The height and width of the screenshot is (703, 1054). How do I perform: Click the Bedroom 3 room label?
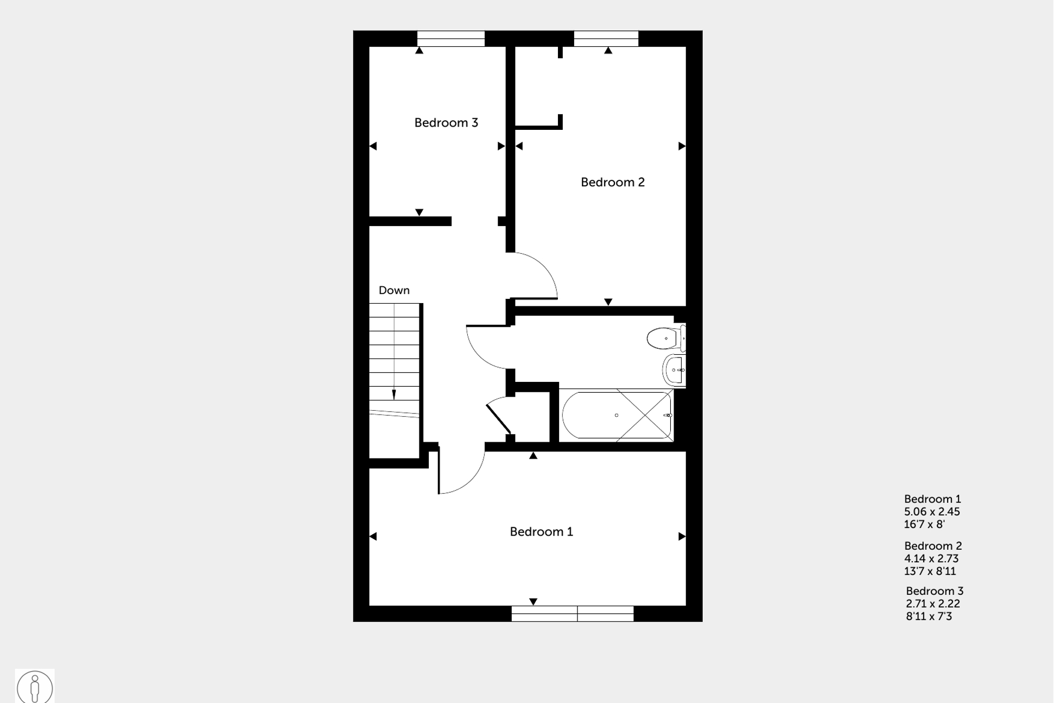pos(446,123)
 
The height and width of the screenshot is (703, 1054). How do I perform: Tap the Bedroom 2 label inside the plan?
pos(613,182)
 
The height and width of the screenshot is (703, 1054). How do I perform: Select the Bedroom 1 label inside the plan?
pos(541,531)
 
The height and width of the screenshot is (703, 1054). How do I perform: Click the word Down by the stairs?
pos(394,290)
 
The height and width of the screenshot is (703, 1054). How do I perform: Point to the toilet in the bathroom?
pos(666,338)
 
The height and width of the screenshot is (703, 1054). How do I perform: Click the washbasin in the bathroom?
pos(675,370)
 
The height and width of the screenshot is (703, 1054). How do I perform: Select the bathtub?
pos(617,415)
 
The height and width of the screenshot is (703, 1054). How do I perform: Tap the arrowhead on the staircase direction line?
pos(394,394)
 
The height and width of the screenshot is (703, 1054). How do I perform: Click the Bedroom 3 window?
pos(450,39)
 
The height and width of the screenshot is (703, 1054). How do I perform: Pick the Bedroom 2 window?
pos(606,39)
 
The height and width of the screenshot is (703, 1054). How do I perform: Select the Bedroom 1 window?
pos(573,613)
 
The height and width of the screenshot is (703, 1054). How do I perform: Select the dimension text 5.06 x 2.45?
pos(932,512)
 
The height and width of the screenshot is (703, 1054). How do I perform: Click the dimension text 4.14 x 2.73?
pos(931,558)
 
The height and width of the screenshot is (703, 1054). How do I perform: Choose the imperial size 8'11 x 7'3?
pos(929,617)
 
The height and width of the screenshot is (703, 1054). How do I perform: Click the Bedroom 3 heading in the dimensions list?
pos(935,591)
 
